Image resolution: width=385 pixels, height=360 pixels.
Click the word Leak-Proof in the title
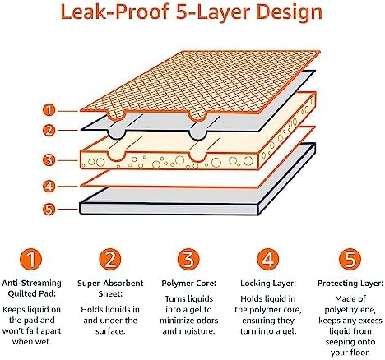(114, 12)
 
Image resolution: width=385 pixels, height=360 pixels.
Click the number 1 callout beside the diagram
(49, 110)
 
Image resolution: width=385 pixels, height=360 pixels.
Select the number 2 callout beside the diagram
(49, 131)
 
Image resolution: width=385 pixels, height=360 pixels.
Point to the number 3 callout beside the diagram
(49, 159)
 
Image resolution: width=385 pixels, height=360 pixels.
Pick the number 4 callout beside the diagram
(49, 187)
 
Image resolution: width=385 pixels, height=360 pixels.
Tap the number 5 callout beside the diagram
(49, 210)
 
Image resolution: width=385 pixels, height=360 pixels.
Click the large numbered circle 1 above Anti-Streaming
(31, 259)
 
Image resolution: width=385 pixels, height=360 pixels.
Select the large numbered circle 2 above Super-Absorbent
(110, 259)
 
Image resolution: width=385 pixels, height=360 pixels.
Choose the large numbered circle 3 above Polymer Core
(188, 259)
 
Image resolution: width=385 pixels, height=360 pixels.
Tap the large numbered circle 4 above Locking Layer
(268, 259)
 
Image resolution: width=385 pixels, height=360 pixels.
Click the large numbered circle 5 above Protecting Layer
(350, 259)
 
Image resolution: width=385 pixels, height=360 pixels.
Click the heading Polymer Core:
(188, 284)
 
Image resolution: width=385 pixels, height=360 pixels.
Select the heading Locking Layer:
(268, 284)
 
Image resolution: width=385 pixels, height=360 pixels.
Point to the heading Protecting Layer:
(350, 284)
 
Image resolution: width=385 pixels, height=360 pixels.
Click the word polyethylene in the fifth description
(350, 310)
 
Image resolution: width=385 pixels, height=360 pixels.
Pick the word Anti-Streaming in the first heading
(31, 283)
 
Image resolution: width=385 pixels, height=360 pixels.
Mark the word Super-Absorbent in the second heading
(110, 284)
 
